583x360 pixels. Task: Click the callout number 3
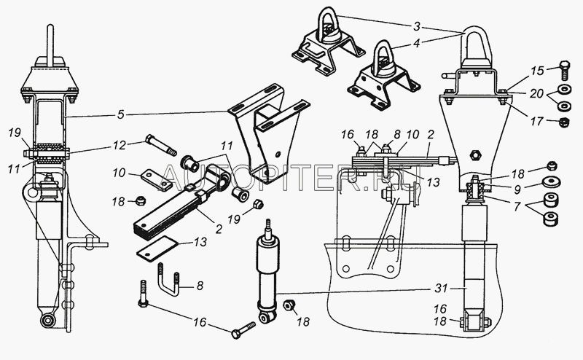(417, 26)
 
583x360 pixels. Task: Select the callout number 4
(417, 43)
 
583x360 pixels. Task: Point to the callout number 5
(120, 114)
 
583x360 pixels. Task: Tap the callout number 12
(120, 145)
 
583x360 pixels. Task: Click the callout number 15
(537, 71)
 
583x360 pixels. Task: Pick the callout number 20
(536, 94)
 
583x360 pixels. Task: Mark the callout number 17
(536, 121)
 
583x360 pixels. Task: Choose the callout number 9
(517, 190)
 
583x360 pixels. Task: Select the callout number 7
(517, 206)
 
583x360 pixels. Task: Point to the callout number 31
(442, 289)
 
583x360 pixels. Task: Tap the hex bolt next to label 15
(564, 71)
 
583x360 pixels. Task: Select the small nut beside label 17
(564, 122)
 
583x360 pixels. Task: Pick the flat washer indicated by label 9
(551, 183)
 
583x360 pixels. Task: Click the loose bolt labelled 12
(161, 145)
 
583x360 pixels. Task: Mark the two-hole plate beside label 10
(157, 180)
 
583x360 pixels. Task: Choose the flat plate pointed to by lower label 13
(157, 248)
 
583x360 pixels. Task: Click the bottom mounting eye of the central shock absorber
(267, 316)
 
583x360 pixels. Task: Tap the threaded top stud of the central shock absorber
(267, 227)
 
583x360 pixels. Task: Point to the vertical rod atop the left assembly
(50, 45)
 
